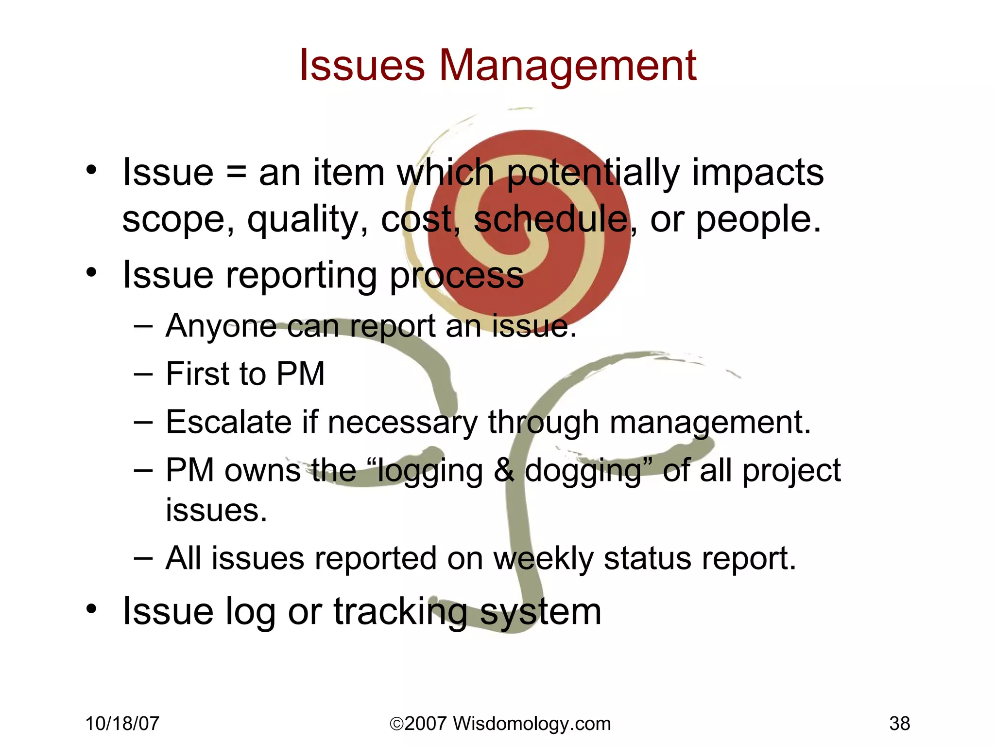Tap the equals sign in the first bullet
pos(236,173)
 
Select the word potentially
pos(593,173)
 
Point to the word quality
pos(308,220)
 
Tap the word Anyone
pos(221,326)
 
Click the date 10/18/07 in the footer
pos(122,724)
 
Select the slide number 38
pos(899,724)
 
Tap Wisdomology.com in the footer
pos(532,724)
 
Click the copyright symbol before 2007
pos(396,724)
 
